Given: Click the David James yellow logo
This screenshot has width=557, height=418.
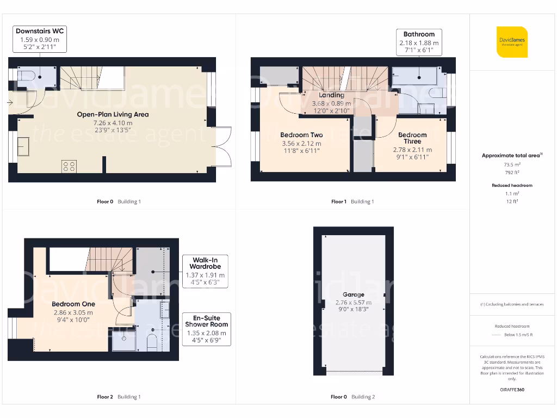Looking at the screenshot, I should point(512,42).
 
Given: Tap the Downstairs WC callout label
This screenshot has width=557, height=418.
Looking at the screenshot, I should point(40,39).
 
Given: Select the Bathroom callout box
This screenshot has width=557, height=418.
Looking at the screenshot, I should point(419,42).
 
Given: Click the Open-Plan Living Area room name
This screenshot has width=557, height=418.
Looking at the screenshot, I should point(113,115).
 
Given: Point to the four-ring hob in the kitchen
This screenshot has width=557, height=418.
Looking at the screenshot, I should point(69,166).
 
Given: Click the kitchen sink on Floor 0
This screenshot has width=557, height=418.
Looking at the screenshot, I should point(24,146).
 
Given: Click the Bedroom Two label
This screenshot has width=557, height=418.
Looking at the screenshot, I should point(301,135).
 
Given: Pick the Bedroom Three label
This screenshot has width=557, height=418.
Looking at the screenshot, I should point(412,138).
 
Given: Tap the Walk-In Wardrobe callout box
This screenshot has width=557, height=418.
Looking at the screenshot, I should point(205,271).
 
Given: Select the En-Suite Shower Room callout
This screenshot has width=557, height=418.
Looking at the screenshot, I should point(207,329).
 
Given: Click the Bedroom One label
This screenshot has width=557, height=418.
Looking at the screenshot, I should point(73,304).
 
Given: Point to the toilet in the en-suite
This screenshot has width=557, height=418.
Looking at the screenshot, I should point(152,342).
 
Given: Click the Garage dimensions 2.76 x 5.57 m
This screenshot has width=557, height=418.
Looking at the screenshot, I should point(353,303).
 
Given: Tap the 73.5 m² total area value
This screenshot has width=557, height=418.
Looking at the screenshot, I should point(511,163).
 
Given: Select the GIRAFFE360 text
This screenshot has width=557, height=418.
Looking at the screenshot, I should point(512,390).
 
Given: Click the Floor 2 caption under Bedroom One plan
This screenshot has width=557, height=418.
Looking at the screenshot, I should point(105,397).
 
